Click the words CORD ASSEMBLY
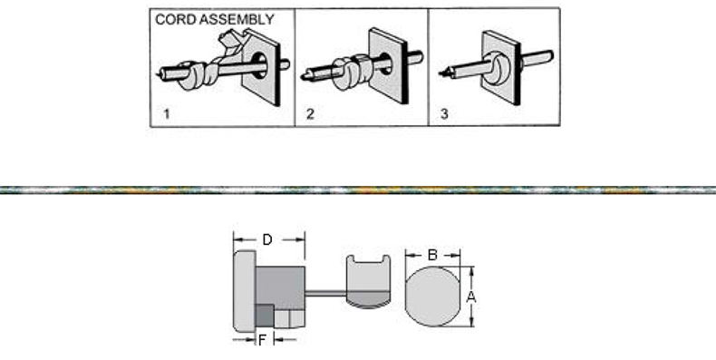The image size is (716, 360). coord(215,20)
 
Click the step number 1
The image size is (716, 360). coord(167,113)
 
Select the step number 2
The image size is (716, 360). coord(310,113)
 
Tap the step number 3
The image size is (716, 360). coord(444,113)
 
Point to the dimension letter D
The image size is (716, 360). coord(267,239)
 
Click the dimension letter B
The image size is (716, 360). coord(433,256)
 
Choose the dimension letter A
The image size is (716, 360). coord(471,297)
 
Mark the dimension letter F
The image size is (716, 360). coord(262,340)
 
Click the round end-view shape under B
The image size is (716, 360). coord(433,297)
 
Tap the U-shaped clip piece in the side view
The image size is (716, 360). coord(368,281)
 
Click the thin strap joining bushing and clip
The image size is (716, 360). coord(325,293)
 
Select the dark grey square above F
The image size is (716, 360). coord(265,316)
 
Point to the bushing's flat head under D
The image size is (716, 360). coord(245,291)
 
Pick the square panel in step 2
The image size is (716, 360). coord(388,65)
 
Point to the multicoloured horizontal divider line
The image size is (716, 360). coord(358,190)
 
